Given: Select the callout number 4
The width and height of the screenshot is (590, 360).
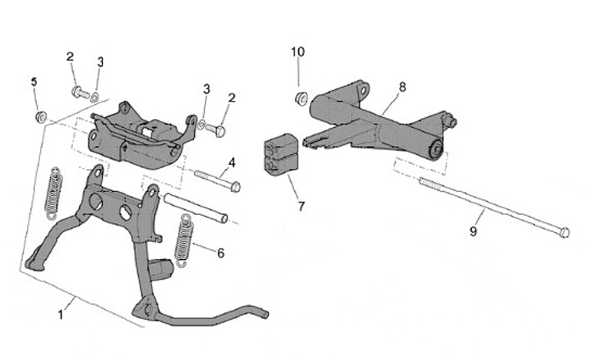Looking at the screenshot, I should click(232, 162).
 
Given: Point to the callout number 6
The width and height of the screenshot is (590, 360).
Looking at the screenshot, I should click(220, 253).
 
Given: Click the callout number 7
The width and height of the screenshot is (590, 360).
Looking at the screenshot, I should click(301, 206).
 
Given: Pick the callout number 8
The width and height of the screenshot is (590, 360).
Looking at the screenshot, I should click(402, 86).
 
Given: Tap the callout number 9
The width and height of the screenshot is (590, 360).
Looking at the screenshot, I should click(473, 232).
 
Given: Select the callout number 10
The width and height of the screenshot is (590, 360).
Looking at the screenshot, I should click(298, 52).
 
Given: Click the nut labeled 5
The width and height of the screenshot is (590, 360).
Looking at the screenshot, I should click(39, 116).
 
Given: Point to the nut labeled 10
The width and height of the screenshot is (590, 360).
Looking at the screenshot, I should click(300, 99).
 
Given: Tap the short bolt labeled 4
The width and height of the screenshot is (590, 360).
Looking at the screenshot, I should click(216, 180).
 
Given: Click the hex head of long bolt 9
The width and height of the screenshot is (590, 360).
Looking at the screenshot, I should click(563, 233).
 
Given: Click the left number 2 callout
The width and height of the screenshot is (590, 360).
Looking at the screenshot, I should click(70, 57).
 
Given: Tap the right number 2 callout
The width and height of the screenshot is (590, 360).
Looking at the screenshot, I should click(232, 98).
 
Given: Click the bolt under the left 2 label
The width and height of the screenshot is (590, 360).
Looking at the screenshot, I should click(80, 93).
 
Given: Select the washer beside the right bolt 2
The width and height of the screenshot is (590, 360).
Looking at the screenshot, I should click(201, 125).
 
